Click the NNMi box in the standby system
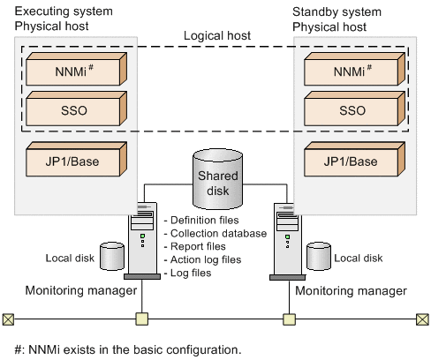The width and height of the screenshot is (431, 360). (x=352, y=70)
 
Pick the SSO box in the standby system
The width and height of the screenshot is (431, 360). (x=352, y=111)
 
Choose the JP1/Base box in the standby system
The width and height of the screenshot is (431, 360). (x=352, y=162)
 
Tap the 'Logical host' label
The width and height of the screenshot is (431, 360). (x=216, y=36)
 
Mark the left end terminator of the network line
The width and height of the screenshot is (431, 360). (x=8, y=319)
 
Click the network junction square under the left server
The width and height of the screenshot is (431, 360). (x=140, y=319)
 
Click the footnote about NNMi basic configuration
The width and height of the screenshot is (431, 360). (x=123, y=349)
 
